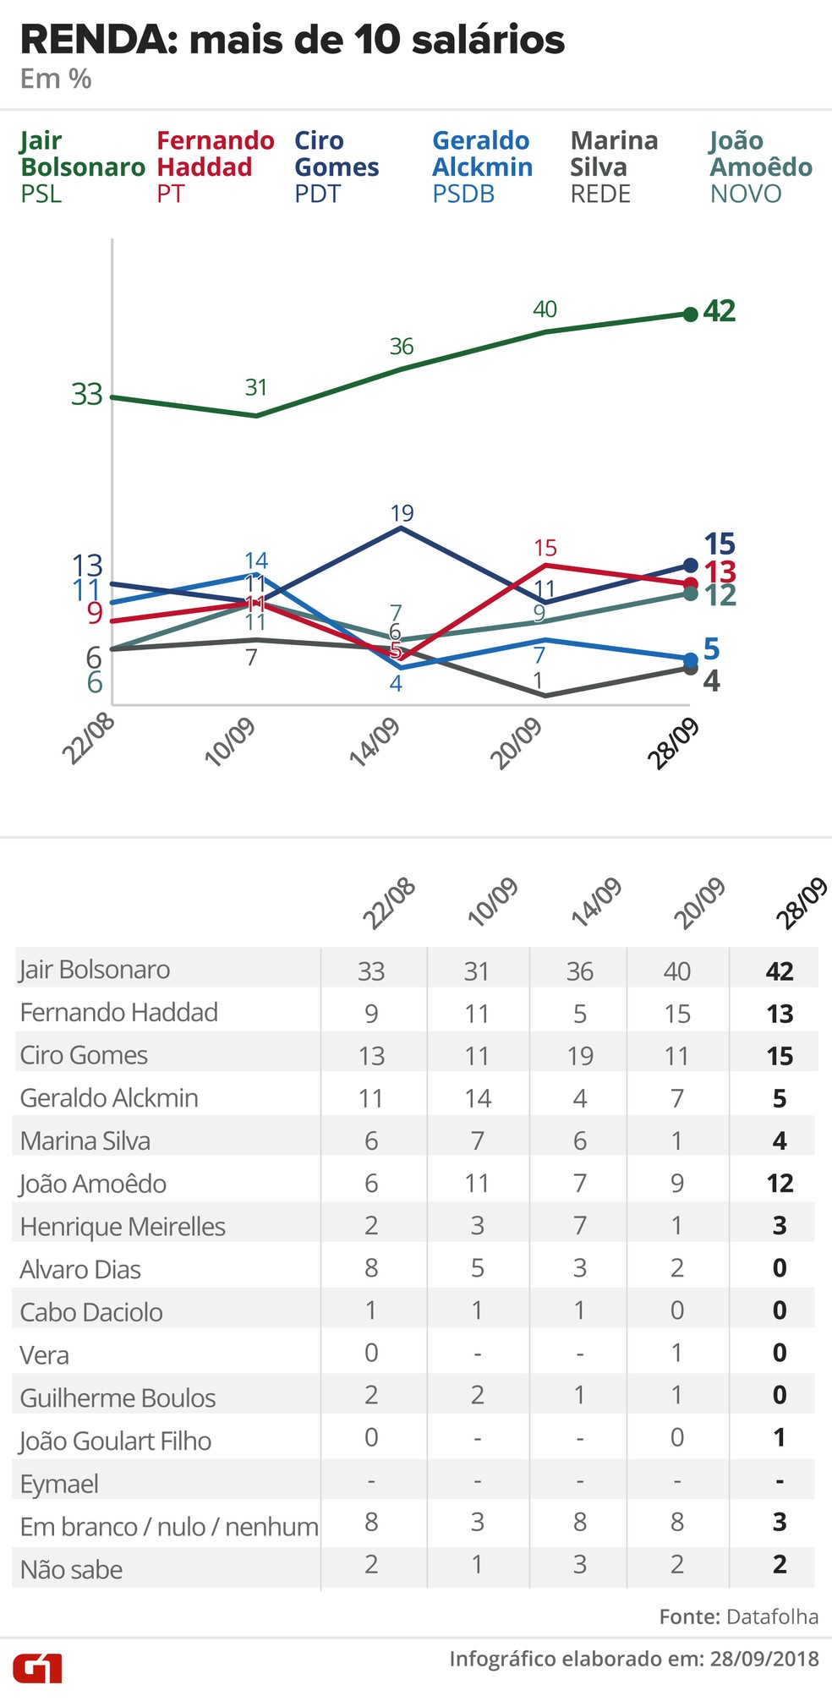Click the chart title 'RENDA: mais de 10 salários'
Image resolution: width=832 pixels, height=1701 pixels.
[292, 40]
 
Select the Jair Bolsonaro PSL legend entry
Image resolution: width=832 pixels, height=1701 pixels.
[81, 167]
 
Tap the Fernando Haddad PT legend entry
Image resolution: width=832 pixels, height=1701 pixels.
[215, 167]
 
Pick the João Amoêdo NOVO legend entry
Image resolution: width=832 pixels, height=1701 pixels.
[760, 167]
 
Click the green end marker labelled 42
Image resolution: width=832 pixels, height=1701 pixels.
[690, 314]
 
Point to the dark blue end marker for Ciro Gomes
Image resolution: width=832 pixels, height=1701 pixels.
[690, 565]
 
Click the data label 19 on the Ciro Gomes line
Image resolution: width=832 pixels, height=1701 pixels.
[402, 513]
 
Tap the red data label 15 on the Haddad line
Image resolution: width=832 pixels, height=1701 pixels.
[545, 548]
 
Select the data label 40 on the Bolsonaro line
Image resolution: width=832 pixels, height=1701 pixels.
[545, 309]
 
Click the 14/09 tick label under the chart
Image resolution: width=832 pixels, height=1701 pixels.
[375, 742]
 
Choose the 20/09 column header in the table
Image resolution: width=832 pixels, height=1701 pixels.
[700, 902]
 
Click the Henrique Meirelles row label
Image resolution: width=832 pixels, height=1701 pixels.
[123, 1226]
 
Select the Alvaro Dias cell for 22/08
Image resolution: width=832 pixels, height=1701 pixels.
[371, 1267]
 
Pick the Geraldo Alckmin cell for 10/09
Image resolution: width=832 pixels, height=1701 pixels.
[477, 1098]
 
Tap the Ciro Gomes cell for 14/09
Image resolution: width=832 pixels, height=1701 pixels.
[580, 1056]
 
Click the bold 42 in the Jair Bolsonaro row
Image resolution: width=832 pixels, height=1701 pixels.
[779, 971]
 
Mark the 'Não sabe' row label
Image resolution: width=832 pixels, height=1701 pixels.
[72, 1570]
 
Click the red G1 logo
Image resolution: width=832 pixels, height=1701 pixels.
[37, 1669]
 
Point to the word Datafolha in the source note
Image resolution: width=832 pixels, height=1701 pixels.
[772, 1616]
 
